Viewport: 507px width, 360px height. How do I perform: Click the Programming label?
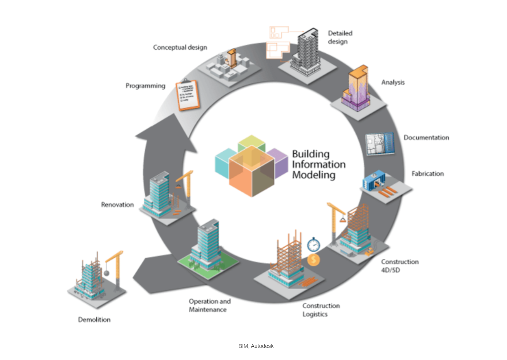point(145,86)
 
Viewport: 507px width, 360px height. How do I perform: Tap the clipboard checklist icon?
point(188,95)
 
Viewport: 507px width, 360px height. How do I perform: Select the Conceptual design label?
point(180,47)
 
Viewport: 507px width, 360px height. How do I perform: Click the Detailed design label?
point(340,37)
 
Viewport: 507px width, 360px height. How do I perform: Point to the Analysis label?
point(393,82)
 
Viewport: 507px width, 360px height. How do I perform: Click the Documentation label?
point(426,138)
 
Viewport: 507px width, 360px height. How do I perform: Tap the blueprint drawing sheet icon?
point(380,144)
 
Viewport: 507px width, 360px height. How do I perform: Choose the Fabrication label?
point(427,174)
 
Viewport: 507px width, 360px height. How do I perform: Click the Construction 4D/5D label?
point(400,266)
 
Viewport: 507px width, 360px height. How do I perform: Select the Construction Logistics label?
point(321,310)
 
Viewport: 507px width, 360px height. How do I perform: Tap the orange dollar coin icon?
point(313,260)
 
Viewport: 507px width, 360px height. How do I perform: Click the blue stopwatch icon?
point(314,245)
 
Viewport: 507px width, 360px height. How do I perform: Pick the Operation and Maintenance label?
point(209,306)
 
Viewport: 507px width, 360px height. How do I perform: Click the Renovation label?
point(117,205)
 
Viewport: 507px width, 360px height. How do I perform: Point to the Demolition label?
point(94,320)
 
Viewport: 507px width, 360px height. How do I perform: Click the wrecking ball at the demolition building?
point(106,273)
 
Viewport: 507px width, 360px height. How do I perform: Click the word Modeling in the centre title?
point(314,175)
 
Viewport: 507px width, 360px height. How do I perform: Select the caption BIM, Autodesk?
point(256,346)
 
